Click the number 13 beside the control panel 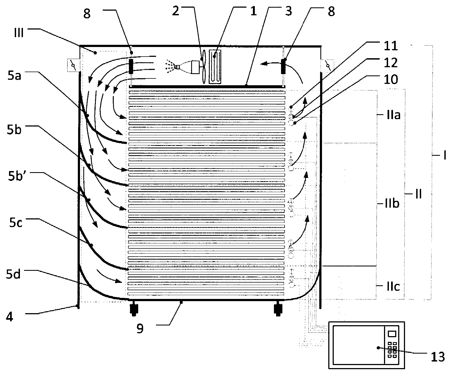[x=437, y=357]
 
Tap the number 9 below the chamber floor [x=140, y=329]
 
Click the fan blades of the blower [x=203, y=66]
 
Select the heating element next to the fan [x=216, y=66]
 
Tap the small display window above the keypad [x=392, y=334]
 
